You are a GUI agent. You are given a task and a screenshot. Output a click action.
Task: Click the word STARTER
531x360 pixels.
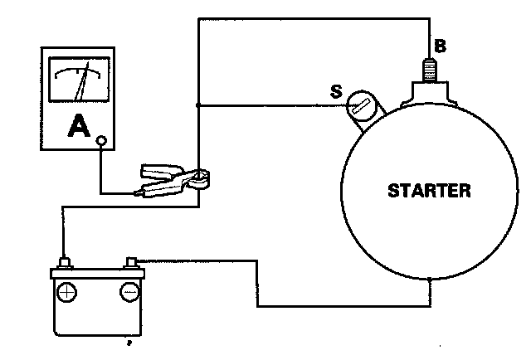430,192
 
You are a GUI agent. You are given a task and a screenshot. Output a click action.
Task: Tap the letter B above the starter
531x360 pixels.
441,46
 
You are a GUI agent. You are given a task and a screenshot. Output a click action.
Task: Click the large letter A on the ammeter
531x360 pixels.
78,126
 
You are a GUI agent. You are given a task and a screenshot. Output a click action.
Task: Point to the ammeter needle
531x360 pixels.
84,83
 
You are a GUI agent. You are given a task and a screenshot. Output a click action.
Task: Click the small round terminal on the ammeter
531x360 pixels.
101,140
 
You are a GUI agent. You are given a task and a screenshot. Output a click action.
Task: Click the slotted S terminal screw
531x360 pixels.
359,106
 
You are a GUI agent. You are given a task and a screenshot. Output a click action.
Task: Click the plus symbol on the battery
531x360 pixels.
67,292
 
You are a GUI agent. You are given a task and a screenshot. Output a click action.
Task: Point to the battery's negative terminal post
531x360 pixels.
131,263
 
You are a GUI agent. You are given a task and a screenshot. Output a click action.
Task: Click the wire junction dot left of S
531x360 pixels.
197,105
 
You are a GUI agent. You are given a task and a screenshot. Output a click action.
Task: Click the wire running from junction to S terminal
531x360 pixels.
265,105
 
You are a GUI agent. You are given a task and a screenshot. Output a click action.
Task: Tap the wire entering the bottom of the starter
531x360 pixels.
431,292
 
